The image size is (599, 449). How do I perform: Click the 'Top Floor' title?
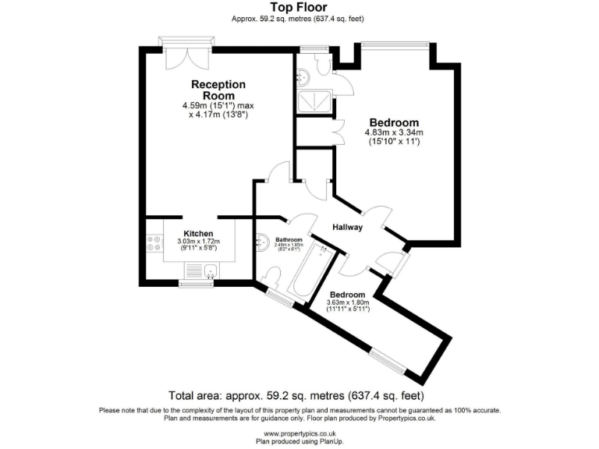[x=299, y=8]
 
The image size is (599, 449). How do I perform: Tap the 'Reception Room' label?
[x=219, y=89]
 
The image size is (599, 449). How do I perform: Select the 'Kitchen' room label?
[x=198, y=233]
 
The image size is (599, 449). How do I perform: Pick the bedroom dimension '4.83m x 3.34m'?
[x=394, y=133]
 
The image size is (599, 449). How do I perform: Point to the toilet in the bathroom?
[x=271, y=278]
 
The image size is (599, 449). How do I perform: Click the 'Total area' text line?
[x=299, y=395]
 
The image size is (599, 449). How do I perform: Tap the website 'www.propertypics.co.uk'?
[x=299, y=433]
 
